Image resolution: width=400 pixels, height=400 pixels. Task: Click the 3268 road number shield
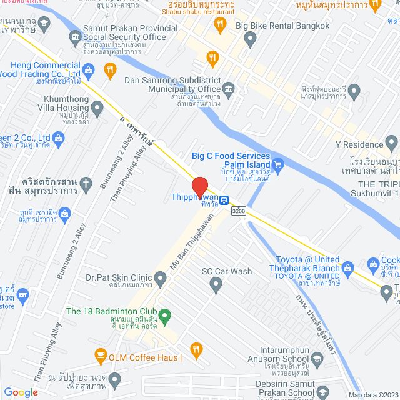[x=238, y=211]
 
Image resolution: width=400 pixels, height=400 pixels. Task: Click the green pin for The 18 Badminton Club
[x=165, y=316]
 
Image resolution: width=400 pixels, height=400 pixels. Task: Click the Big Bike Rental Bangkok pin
[x=251, y=40]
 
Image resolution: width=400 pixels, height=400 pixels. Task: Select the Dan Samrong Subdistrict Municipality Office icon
[x=229, y=88]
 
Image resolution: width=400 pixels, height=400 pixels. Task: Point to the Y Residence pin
[x=391, y=144]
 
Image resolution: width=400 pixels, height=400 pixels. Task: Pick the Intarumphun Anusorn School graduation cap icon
[x=318, y=358]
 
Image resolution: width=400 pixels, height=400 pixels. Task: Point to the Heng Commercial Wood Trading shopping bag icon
[x=89, y=70]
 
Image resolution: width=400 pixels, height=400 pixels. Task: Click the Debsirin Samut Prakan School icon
[x=323, y=392]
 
